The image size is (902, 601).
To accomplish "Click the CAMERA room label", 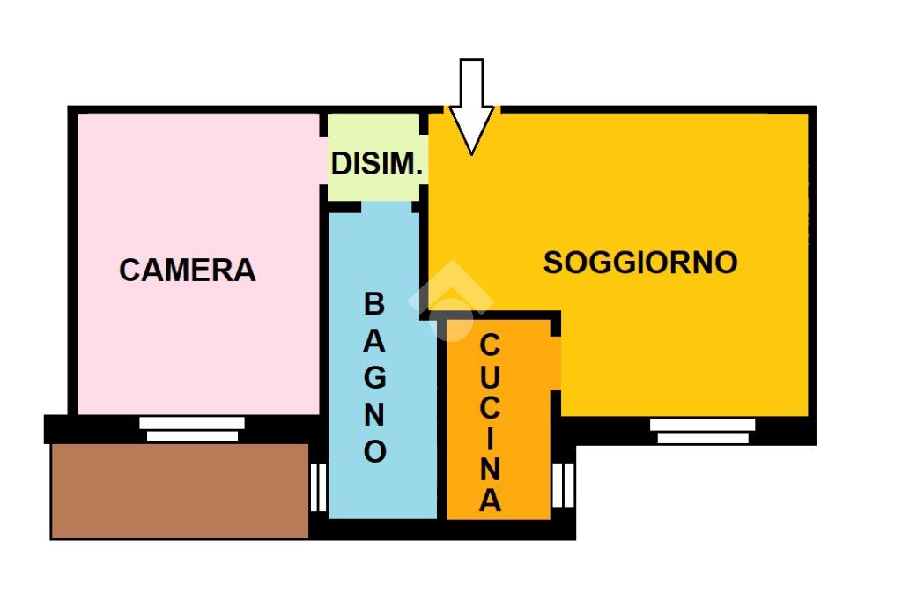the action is (188, 270).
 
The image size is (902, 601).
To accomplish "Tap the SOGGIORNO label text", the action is (640, 263).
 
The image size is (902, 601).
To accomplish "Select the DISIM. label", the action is (377, 163).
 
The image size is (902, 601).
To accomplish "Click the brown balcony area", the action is (180, 490).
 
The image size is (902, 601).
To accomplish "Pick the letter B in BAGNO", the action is (374, 304).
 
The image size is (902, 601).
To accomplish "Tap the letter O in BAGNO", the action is (375, 451).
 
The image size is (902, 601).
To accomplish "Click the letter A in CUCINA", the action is (491, 501).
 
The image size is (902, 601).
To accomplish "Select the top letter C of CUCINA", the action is (491, 345).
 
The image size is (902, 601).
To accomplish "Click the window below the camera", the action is (192, 429).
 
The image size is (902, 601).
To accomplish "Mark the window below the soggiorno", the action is (703, 430).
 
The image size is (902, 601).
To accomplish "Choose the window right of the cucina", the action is (563, 485).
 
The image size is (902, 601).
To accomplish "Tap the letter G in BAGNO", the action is (375, 377).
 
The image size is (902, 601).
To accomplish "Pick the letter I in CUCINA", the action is (491, 437).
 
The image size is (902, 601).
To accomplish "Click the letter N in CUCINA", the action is (491, 468).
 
